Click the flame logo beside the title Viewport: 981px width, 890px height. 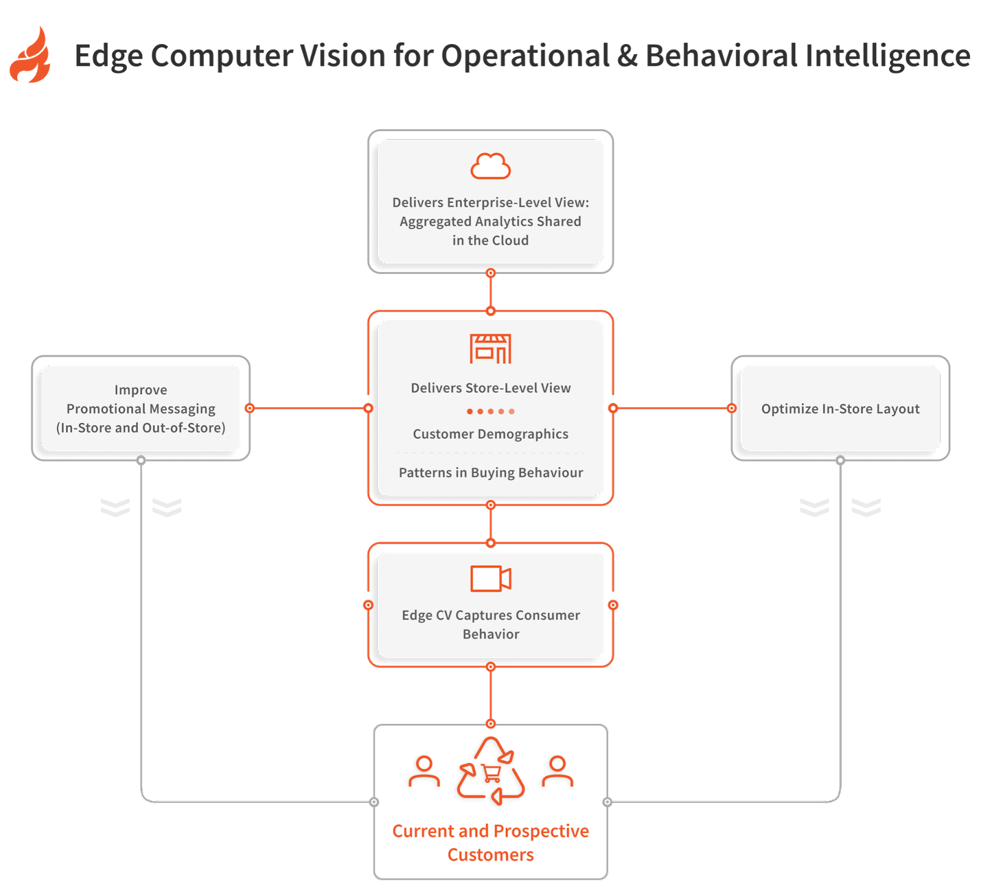(31, 55)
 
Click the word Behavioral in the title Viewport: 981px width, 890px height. (721, 56)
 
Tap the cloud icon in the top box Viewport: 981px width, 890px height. (490, 166)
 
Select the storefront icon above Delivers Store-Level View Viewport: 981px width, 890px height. (490, 349)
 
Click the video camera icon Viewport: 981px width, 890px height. (490, 579)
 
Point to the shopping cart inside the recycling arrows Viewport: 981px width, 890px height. (491, 774)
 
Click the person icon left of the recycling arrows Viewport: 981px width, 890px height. (424, 772)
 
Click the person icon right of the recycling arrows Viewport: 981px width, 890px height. (557, 772)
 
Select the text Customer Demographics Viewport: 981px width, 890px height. (490, 434)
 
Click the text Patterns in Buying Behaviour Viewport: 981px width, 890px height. (490, 473)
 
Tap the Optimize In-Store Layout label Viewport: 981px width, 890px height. (840, 409)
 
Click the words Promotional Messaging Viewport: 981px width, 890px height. (141, 409)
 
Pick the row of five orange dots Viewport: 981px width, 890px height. (490, 411)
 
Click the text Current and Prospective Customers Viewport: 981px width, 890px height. (490, 843)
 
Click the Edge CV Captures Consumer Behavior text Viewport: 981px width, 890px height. (490, 625)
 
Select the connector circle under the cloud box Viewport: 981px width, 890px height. (490, 273)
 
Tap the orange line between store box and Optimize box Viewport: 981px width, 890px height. (672, 408)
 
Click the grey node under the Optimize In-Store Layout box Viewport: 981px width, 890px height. (840, 460)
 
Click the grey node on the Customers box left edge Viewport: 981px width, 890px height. (374, 802)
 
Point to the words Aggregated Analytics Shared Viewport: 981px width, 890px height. (490, 221)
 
